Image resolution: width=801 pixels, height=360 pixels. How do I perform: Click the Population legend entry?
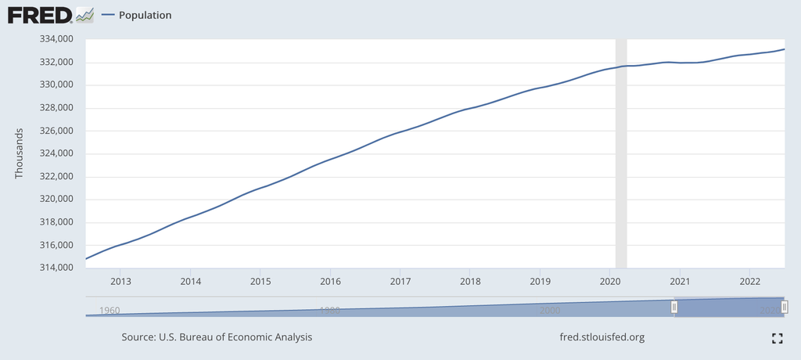point(145,15)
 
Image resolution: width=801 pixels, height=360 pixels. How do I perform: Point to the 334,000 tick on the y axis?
point(56,39)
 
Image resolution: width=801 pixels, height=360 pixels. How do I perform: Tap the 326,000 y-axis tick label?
point(56,131)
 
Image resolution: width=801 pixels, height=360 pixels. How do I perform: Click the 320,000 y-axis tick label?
point(56,200)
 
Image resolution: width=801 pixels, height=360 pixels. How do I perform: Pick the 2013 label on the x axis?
point(120,281)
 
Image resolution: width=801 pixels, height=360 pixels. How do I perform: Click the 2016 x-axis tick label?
point(331,281)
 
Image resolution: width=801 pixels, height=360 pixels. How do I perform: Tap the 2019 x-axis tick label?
point(541,281)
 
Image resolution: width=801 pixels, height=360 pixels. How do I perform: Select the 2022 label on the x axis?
point(750,281)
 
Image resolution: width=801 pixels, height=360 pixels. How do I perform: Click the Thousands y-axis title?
point(20,153)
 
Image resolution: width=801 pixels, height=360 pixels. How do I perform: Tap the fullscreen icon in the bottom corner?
point(777,338)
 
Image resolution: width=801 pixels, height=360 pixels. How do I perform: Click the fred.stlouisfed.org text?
point(602,337)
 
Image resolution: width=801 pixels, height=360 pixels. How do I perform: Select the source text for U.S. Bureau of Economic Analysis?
point(217,337)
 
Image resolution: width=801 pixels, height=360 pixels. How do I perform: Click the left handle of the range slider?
point(674,308)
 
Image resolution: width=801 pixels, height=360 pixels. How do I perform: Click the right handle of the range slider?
point(784,308)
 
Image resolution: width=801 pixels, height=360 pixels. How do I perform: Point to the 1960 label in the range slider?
point(110,311)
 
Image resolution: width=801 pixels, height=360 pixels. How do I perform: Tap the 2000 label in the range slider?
point(550,311)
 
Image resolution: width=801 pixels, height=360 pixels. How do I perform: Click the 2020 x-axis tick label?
point(610,281)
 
